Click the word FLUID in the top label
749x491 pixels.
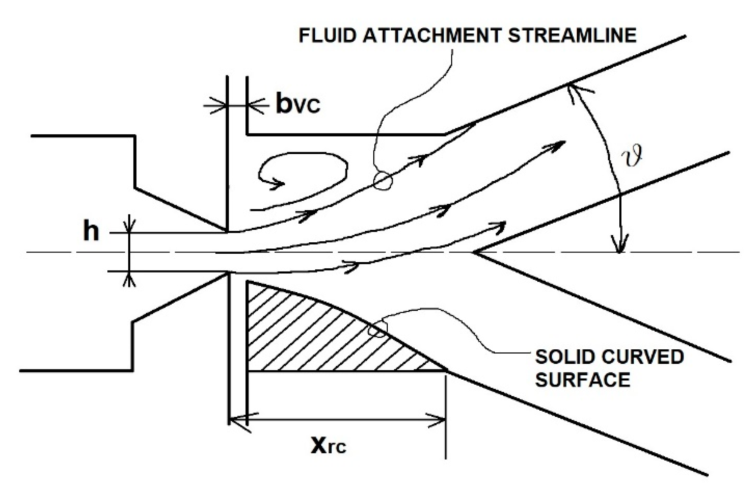(x=327, y=35)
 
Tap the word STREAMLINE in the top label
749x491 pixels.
(x=572, y=35)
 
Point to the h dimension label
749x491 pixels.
(x=91, y=232)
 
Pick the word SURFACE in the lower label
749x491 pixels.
(x=583, y=380)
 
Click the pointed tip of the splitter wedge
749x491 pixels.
(x=474, y=252)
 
